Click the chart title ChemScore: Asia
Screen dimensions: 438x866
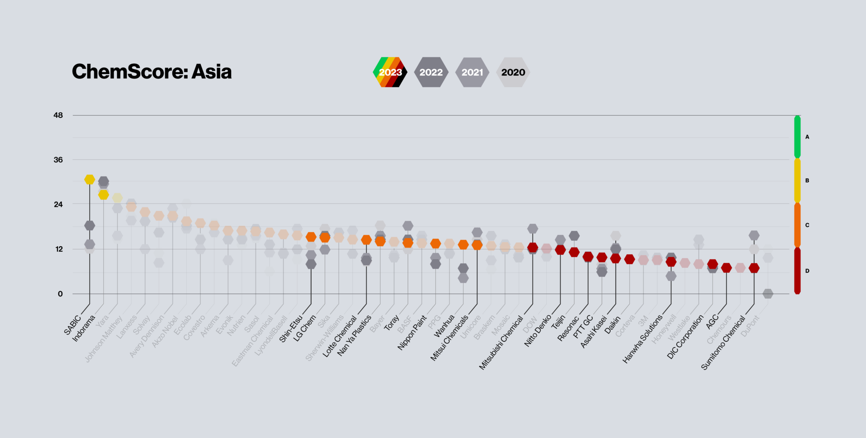pos(151,72)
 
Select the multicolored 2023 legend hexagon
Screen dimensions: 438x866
pos(390,72)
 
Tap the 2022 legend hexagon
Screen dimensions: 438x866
pos(431,72)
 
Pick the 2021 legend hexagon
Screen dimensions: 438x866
pos(472,72)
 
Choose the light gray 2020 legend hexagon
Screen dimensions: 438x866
pos(513,72)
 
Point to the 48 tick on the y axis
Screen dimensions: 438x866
pos(58,115)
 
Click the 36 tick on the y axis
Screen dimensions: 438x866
pos(58,160)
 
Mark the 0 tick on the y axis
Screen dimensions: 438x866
pos(60,294)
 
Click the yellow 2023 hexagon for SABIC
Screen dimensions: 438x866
pos(90,180)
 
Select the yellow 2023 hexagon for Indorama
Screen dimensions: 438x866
pos(104,195)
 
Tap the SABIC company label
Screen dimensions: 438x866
pos(73,324)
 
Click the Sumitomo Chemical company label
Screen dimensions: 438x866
pos(723,343)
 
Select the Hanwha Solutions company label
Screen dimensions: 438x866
pos(643,339)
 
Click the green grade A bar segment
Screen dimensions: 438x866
pos(797,137)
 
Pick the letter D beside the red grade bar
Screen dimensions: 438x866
pos(807,271)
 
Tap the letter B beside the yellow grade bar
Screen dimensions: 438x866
pos(807,180)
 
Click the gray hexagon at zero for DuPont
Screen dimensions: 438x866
pos(768,294)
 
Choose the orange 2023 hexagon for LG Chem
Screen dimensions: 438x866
pos(325,237)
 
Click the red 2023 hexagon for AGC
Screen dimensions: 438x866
pos(726,268)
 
